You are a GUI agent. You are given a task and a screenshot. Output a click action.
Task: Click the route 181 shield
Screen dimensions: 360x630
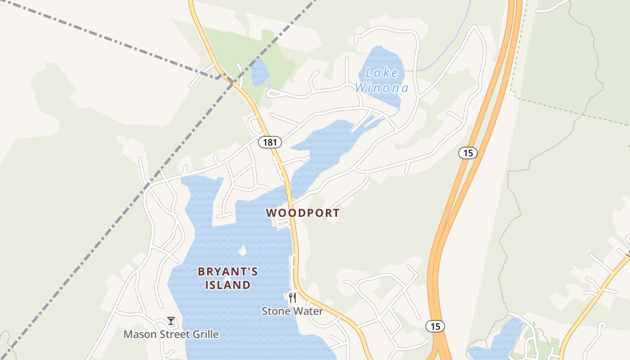(270, 142)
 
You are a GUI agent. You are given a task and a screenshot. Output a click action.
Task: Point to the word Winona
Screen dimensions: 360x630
(382, 88)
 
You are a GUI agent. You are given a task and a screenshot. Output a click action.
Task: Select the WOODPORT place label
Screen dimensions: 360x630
(302, 213)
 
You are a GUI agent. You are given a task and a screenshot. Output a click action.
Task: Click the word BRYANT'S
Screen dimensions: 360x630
(228, 271)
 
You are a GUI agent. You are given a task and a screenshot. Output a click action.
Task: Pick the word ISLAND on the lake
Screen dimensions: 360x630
(228, 285)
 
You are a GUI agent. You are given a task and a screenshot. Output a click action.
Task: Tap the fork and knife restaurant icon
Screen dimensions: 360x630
(292, 297)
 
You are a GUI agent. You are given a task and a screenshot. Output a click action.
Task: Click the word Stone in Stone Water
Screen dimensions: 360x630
(276, 311)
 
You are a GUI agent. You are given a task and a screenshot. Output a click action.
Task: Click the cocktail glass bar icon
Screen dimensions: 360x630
(171, 321)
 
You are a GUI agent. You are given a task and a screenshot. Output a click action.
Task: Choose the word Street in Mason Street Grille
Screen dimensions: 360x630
(173, 334)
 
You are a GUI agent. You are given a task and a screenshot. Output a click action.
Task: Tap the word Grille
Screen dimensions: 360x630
(205, 334)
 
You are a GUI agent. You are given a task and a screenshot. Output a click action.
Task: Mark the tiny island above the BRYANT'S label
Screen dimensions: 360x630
(243, 251)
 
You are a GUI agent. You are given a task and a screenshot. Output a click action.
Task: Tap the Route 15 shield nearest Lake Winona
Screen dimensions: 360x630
(468, 153)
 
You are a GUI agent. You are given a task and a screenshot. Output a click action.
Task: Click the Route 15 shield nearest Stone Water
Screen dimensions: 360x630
(435, 326)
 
